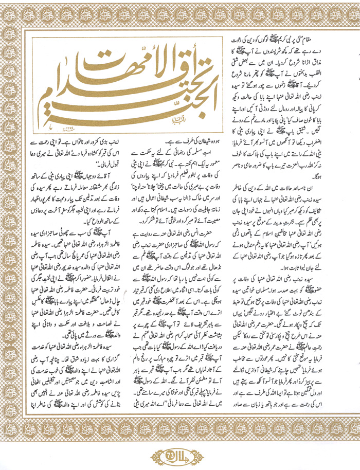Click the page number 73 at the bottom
180,455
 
